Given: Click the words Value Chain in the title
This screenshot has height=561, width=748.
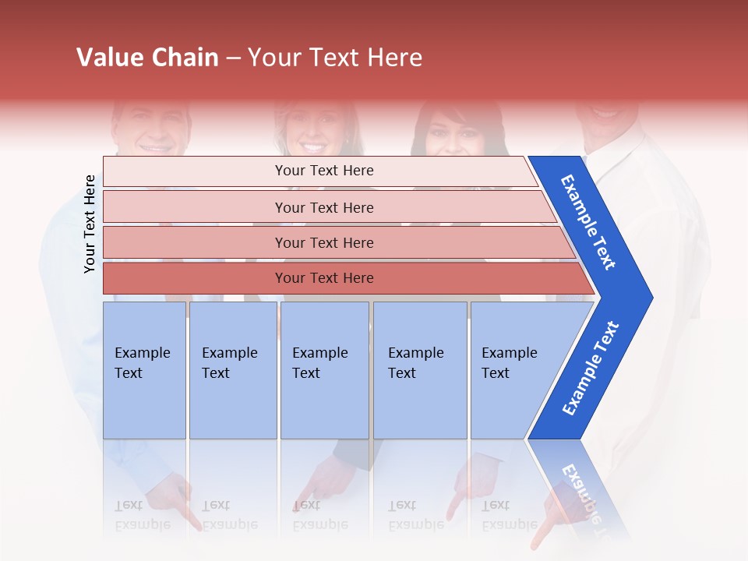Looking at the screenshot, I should pyautogui.click(x=147, y=58).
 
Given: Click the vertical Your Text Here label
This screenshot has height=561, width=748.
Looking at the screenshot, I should pyautogui.click(x=90, y=224).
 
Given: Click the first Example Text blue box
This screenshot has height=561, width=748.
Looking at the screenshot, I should pyautogui.click(x=144, y=370).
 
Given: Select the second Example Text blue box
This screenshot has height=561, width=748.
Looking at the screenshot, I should pyautogui.click(x=232, y=370).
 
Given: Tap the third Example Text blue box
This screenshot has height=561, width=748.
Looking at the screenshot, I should pyautogui.click(x=324, y=370).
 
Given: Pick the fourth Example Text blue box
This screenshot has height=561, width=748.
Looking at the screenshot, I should pyautogui.click(x=419, y=370).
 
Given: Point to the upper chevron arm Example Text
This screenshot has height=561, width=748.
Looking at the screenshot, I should pyautogui.click(x=588, y=222).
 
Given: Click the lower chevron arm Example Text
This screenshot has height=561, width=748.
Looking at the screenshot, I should pyautogui.click(x=591, y=369).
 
